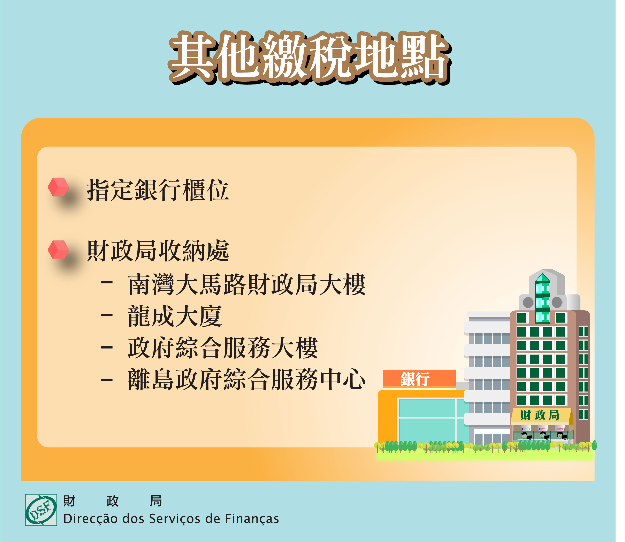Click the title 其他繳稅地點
(310, 58)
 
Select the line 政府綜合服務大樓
(223, 348)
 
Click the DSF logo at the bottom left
(41, 510)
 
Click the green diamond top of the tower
(542, 278)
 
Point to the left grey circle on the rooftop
(528, 302)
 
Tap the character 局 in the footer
(156, 501)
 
